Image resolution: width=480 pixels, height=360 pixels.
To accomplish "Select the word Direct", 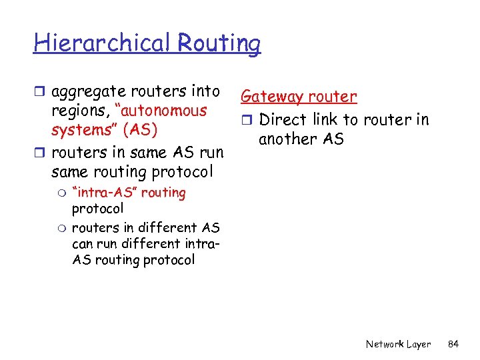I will (285, 120).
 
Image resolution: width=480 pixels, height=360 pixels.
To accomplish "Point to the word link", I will (327, 120).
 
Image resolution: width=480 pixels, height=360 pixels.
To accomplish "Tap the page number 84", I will (453, 344).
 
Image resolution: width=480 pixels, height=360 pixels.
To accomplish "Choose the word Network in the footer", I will (385, 344).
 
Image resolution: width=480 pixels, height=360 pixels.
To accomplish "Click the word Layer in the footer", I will (419, 344).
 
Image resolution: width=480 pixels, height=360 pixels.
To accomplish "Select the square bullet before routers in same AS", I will (41, 153).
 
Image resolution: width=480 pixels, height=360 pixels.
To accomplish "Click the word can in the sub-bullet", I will (82, 243).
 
